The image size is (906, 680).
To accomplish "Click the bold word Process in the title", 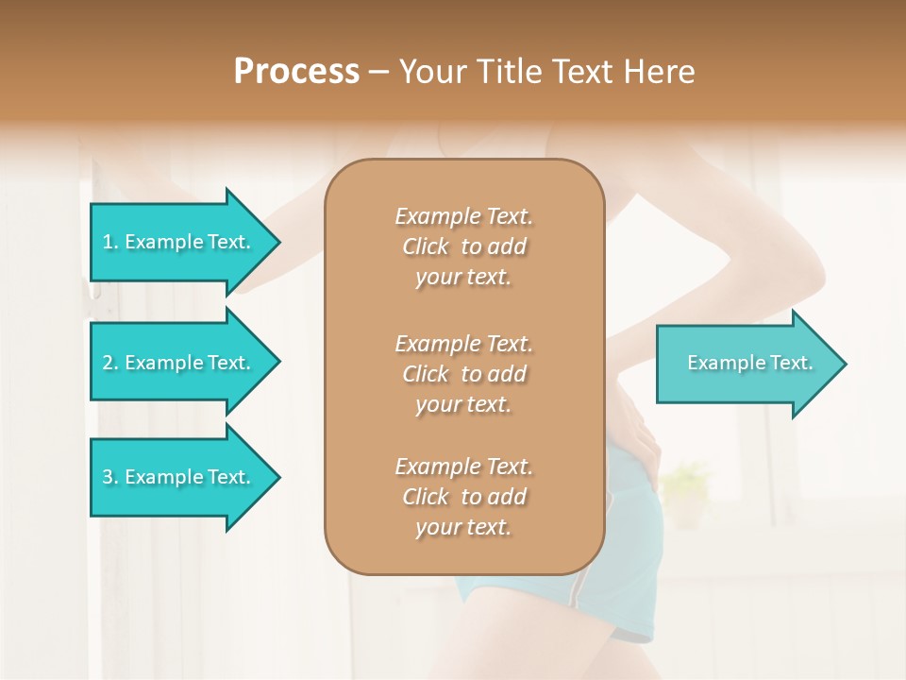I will tap(296, 72).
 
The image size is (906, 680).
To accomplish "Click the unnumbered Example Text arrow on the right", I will tap(749, 364).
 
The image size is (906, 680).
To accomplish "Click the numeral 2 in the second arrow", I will tap(108, 363).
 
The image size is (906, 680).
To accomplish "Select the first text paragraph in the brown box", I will tap(463, 246).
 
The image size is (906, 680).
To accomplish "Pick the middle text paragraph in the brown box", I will tap(463, 374).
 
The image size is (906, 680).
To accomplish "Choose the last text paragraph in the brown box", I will tap(463, 497).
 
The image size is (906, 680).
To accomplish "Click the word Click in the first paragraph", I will tap(426, 246).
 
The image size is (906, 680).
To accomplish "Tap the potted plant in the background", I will tap(686, 491).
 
